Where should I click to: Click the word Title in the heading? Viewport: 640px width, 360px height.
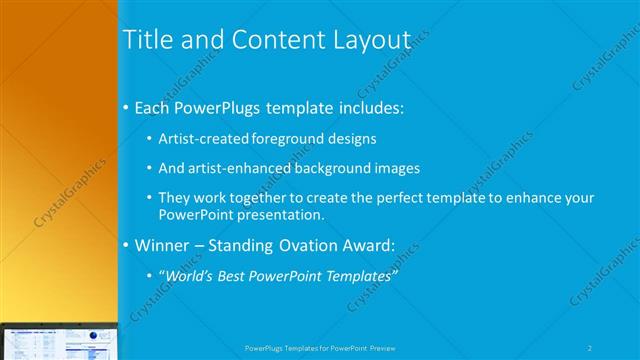(147, 40)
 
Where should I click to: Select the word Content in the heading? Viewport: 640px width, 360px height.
(272, 40)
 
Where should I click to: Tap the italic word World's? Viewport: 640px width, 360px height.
(190, 275)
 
